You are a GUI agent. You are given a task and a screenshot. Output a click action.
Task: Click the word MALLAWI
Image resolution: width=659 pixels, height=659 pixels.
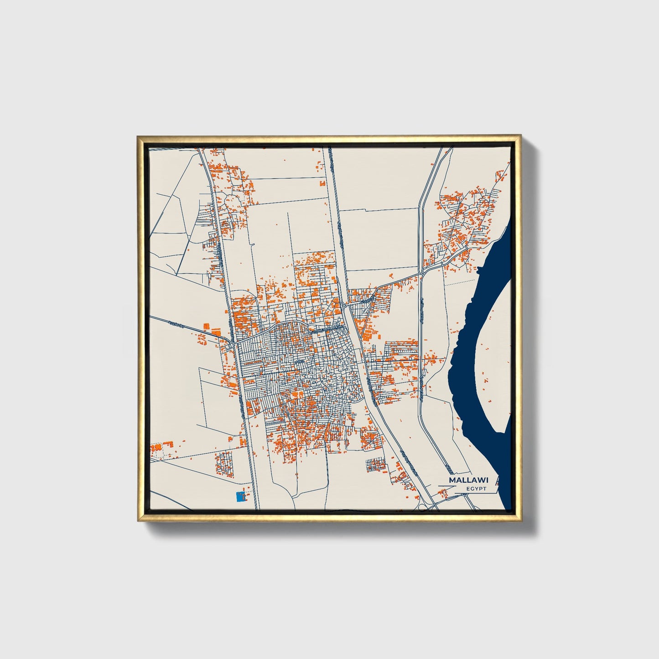[x=468, y=480]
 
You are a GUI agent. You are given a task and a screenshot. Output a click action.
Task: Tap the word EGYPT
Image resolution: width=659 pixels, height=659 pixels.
[x=476, y=489]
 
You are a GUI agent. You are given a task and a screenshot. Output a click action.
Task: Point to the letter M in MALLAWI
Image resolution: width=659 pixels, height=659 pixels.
[x=452, y=480]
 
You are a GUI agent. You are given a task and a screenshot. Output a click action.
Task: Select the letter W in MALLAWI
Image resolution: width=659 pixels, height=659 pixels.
[x=481, y=480]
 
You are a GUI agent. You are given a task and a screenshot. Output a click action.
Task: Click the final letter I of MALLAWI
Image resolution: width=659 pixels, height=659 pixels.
[x=487, y=480]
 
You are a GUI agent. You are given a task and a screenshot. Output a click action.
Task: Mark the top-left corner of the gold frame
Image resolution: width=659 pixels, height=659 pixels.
[x=138, y=136]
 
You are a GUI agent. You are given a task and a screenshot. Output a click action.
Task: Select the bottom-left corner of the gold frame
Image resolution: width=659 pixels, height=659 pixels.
[x=138, y=521]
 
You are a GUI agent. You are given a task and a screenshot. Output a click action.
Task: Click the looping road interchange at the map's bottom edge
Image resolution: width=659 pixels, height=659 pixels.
[x=427, y=503]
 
